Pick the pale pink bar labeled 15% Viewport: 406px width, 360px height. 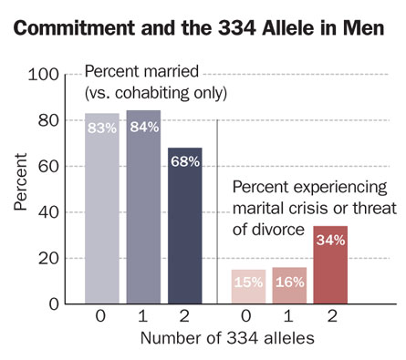[247, 286]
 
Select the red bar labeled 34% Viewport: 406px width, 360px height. [329, 264]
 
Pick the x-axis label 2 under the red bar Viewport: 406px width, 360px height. [329, 319]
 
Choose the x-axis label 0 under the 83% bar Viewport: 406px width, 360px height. [102, 319]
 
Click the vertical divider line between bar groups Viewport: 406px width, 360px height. [217, 210]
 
